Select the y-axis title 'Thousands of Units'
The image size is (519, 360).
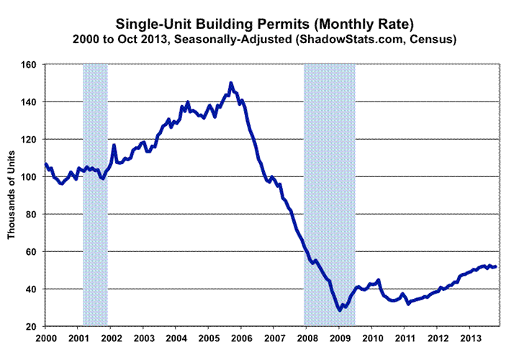pos(12,194)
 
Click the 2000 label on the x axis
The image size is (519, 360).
pos(45,338)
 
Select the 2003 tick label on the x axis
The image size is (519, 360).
pos(143,338)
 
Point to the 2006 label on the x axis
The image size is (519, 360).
pos(241,338)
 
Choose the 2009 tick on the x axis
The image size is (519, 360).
pos(340,338)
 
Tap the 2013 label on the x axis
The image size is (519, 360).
pos(470,338)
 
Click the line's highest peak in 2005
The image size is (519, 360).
pos(230,84)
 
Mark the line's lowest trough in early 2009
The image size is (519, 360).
pos(339,310)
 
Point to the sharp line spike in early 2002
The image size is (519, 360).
pos(114,145)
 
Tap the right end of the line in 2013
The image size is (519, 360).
pos(495,267)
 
